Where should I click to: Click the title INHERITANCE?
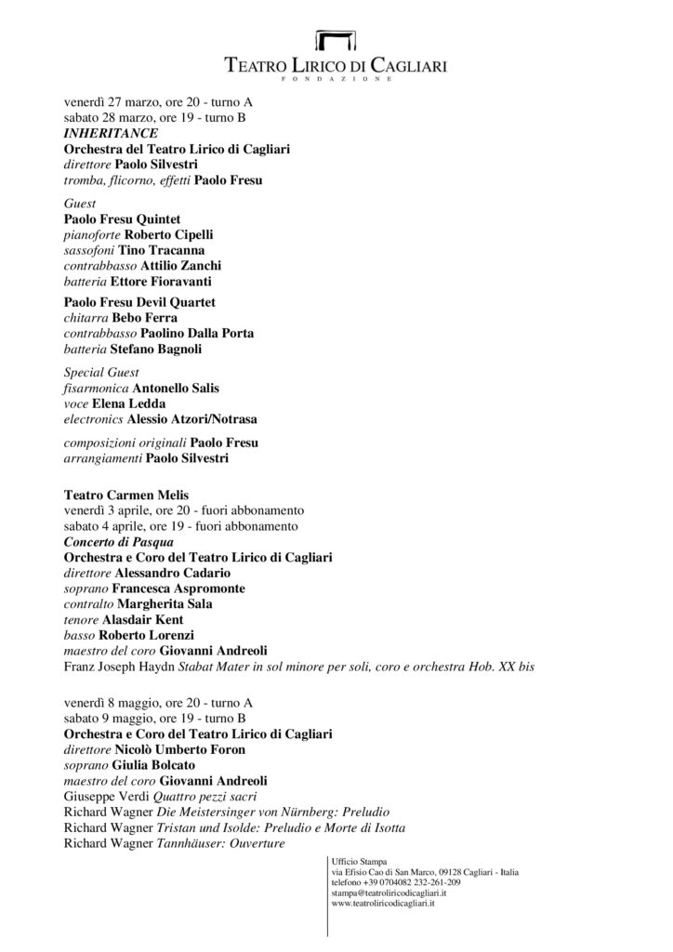click(104, 134)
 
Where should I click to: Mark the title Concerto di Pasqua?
click(119, 541)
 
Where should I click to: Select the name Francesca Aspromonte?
click(175, 588)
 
